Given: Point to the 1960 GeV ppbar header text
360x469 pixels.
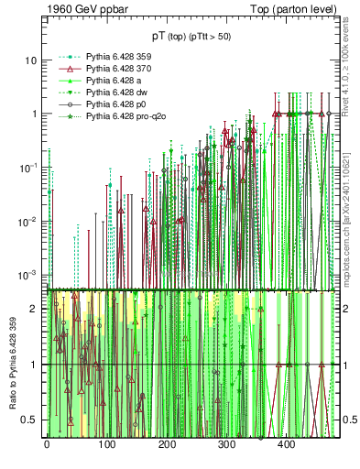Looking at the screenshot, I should (86, 10).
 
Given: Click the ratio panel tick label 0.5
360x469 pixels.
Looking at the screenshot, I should (31, 420).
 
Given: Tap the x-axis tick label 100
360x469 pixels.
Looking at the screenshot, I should (106, 444).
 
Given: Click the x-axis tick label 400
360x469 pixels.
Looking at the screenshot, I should (286, 444).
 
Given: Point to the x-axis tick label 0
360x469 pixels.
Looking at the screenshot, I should (47, 444).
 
